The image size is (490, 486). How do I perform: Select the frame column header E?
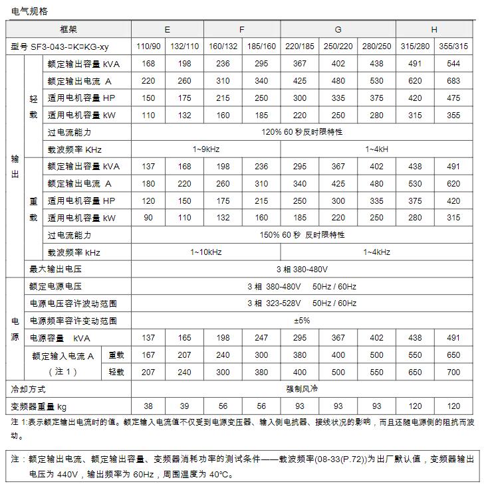(167, 30)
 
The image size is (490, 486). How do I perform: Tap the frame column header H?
(434, 30)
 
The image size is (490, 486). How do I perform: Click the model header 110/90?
(148, 46)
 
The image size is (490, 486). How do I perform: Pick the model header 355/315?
(453, 46)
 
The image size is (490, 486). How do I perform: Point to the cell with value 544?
(453, 64)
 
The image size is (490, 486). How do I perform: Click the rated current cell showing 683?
(453, 81)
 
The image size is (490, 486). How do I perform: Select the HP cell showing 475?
(453, 98)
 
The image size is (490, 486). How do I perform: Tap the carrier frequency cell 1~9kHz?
(206, 149)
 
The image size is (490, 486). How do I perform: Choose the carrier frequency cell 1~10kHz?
(206, 252)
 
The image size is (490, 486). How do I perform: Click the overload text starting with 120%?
(302, 132)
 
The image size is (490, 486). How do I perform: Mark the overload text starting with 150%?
(302, 235)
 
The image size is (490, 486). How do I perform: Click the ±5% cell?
(302, 321)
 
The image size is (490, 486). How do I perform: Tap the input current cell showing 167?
(148, 355)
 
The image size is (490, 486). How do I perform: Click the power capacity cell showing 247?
(261, 338)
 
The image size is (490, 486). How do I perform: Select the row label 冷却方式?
(29, 389)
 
